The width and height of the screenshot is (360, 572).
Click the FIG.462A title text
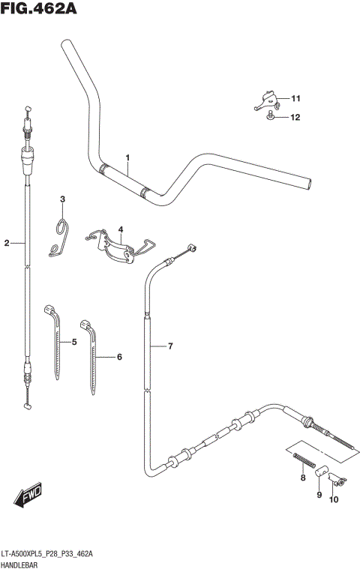[x=39, y=9]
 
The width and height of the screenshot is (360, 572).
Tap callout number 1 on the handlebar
[x=128, y=158]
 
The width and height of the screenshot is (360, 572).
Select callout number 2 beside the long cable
[x=7, y=243]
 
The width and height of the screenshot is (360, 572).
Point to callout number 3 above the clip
[x=63, y=199]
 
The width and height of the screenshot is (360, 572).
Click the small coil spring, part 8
[x=301, y=460]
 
